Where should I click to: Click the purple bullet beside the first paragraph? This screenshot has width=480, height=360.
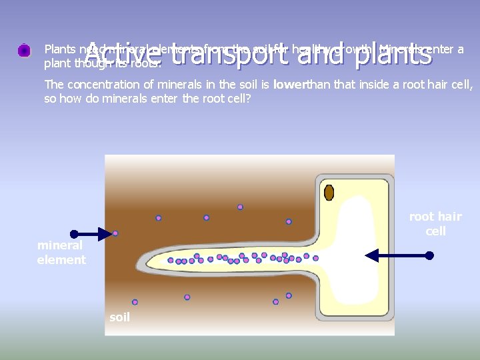coord(24,50)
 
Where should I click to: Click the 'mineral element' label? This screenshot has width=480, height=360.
coord(61,253)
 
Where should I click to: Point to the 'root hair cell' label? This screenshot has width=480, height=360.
coord(435,224)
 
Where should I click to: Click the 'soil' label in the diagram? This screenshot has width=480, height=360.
coord(120,317)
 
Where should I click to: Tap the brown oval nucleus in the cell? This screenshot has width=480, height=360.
coord(329,193)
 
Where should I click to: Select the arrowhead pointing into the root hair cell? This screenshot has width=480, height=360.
coord(372,255)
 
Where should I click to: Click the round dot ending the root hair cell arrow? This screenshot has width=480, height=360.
coord(429,255)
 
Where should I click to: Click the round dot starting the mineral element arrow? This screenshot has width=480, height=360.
coord(74,234)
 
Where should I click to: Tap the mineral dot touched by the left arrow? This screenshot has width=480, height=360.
coord(115,233)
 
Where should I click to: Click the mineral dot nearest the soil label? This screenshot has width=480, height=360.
coord(135,302)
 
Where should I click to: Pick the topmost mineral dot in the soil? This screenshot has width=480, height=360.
coord(240,207)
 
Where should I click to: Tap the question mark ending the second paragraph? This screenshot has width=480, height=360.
coord(249,99)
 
